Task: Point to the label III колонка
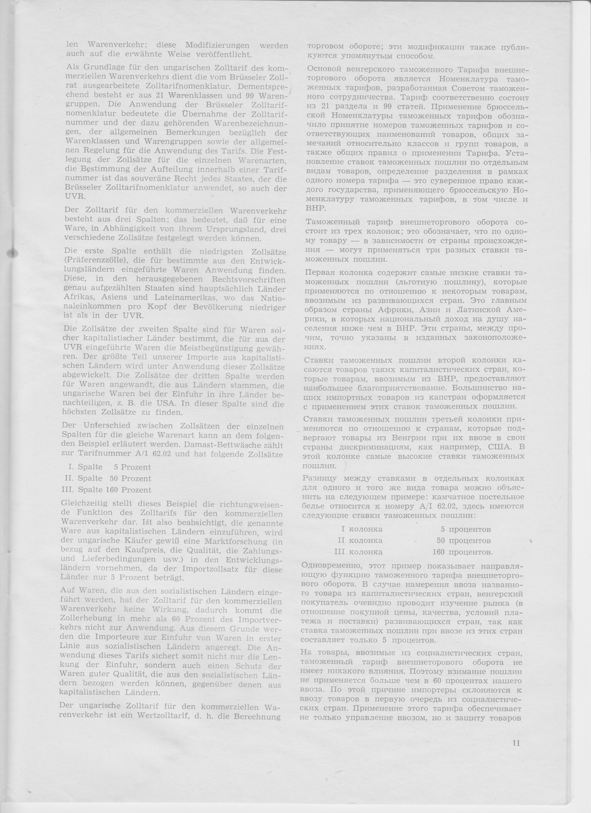(358, 552)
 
